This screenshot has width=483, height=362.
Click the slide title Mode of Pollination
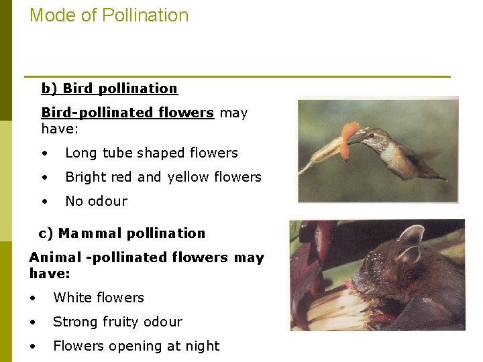pyautogui.click(x=109, y=15)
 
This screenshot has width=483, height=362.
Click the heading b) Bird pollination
pyautogui.click(x=109, y=88)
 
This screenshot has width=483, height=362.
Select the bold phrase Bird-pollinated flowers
pyautogui.click(x=127, y=113)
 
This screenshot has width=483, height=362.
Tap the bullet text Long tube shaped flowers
pyautogui.click(x=151, y=153)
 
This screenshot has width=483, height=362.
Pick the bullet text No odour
pyautogui.click(x=96, y=201)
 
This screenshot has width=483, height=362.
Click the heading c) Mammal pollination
pyautogui.click(x=122, y=233)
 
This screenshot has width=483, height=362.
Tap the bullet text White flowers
pyautogui.click(x=99, y=298)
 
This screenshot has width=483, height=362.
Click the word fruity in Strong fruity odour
pyautogui.click(x=129, y=322)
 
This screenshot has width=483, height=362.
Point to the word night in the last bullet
pyautogui.click(x=203, y=346)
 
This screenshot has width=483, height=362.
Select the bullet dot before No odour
pyautogui.click(x=45, y=201)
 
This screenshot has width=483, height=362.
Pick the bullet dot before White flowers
pyautogui.click(x=33, y=298)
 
